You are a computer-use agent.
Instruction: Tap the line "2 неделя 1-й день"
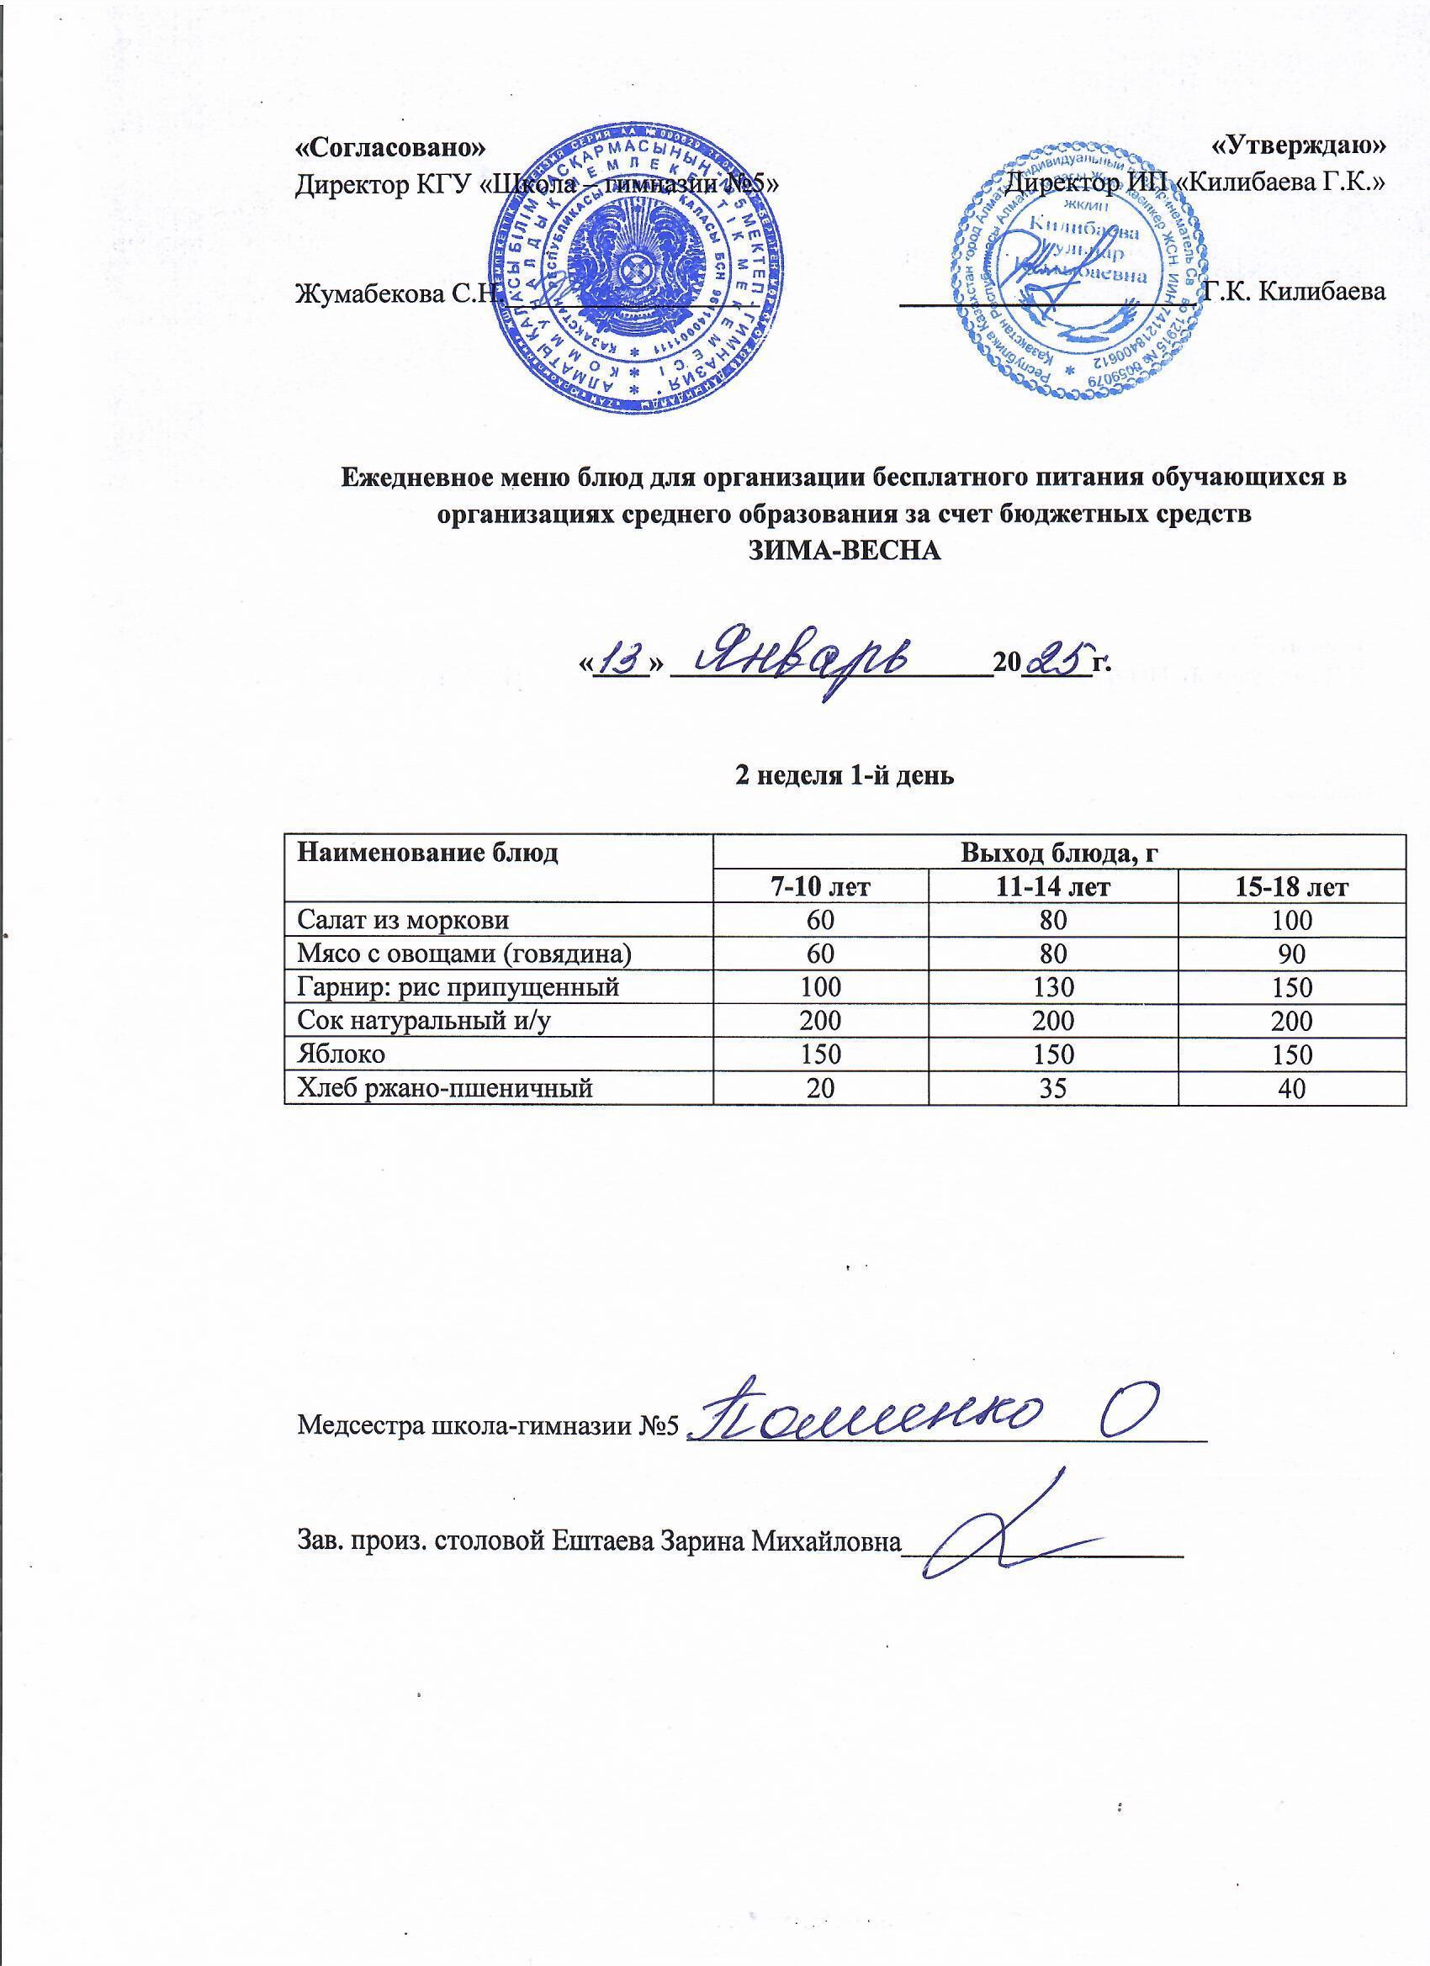[845, 775]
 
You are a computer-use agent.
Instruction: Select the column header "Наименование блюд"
[427, 853]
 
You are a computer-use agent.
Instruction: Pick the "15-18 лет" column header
[1292, 887]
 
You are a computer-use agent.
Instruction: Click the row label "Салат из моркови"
[402, 920]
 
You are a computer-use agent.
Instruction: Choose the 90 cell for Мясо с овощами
[1292, 954]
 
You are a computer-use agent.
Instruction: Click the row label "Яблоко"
[341, 1054]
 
